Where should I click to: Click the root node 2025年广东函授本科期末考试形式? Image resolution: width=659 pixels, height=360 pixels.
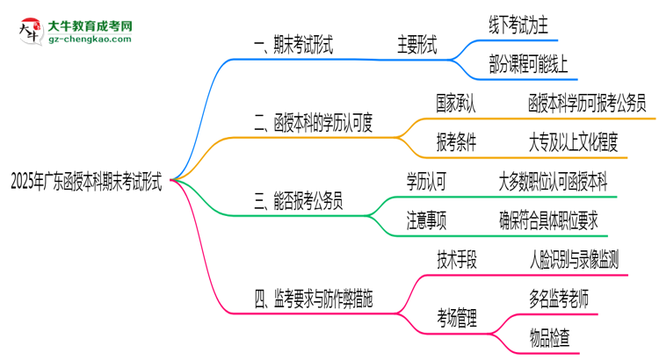(85, 182)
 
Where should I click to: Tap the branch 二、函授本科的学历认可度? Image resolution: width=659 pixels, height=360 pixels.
(313, 124)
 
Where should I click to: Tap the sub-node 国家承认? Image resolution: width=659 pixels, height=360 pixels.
(456, 104)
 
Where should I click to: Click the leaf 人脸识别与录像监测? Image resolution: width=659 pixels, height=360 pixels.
(573, 261)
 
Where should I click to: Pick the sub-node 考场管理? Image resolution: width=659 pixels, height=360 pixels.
(458, 318)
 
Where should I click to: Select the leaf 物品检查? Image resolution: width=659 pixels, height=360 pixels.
(549, 337)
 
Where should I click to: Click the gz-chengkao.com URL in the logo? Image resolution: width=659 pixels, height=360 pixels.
(90, 40)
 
